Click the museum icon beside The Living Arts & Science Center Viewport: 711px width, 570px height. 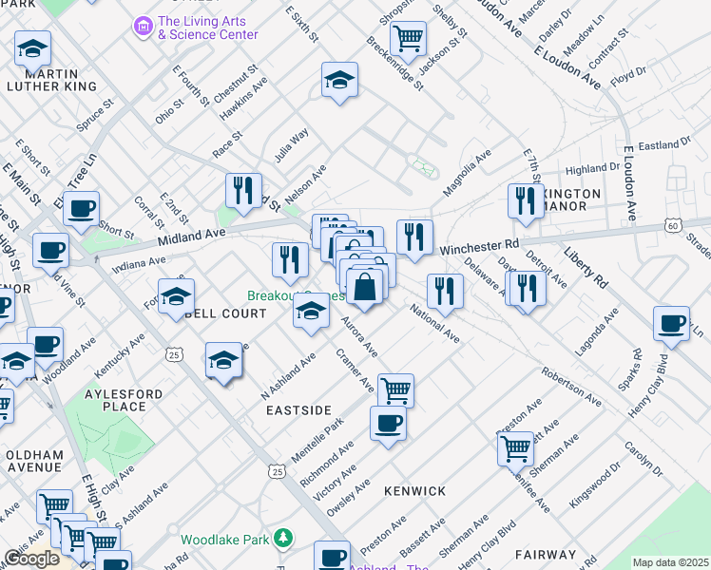pos(143,27)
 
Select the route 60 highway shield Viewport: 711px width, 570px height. pos(672,225)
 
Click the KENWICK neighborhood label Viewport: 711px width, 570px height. pos(414,491)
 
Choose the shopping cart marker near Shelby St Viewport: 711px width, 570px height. pos(408,39)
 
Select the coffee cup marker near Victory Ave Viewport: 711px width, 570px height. pos(388,423)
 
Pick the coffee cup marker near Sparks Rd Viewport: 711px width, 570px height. pos(672,324)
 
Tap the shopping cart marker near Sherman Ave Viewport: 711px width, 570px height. pos(515,447)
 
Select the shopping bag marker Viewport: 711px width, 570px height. pos(366,285)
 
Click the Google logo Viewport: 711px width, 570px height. pos(31,560)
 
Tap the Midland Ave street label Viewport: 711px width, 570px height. pos(191,234)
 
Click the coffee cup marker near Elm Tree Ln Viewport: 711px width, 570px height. pos(83,207)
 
